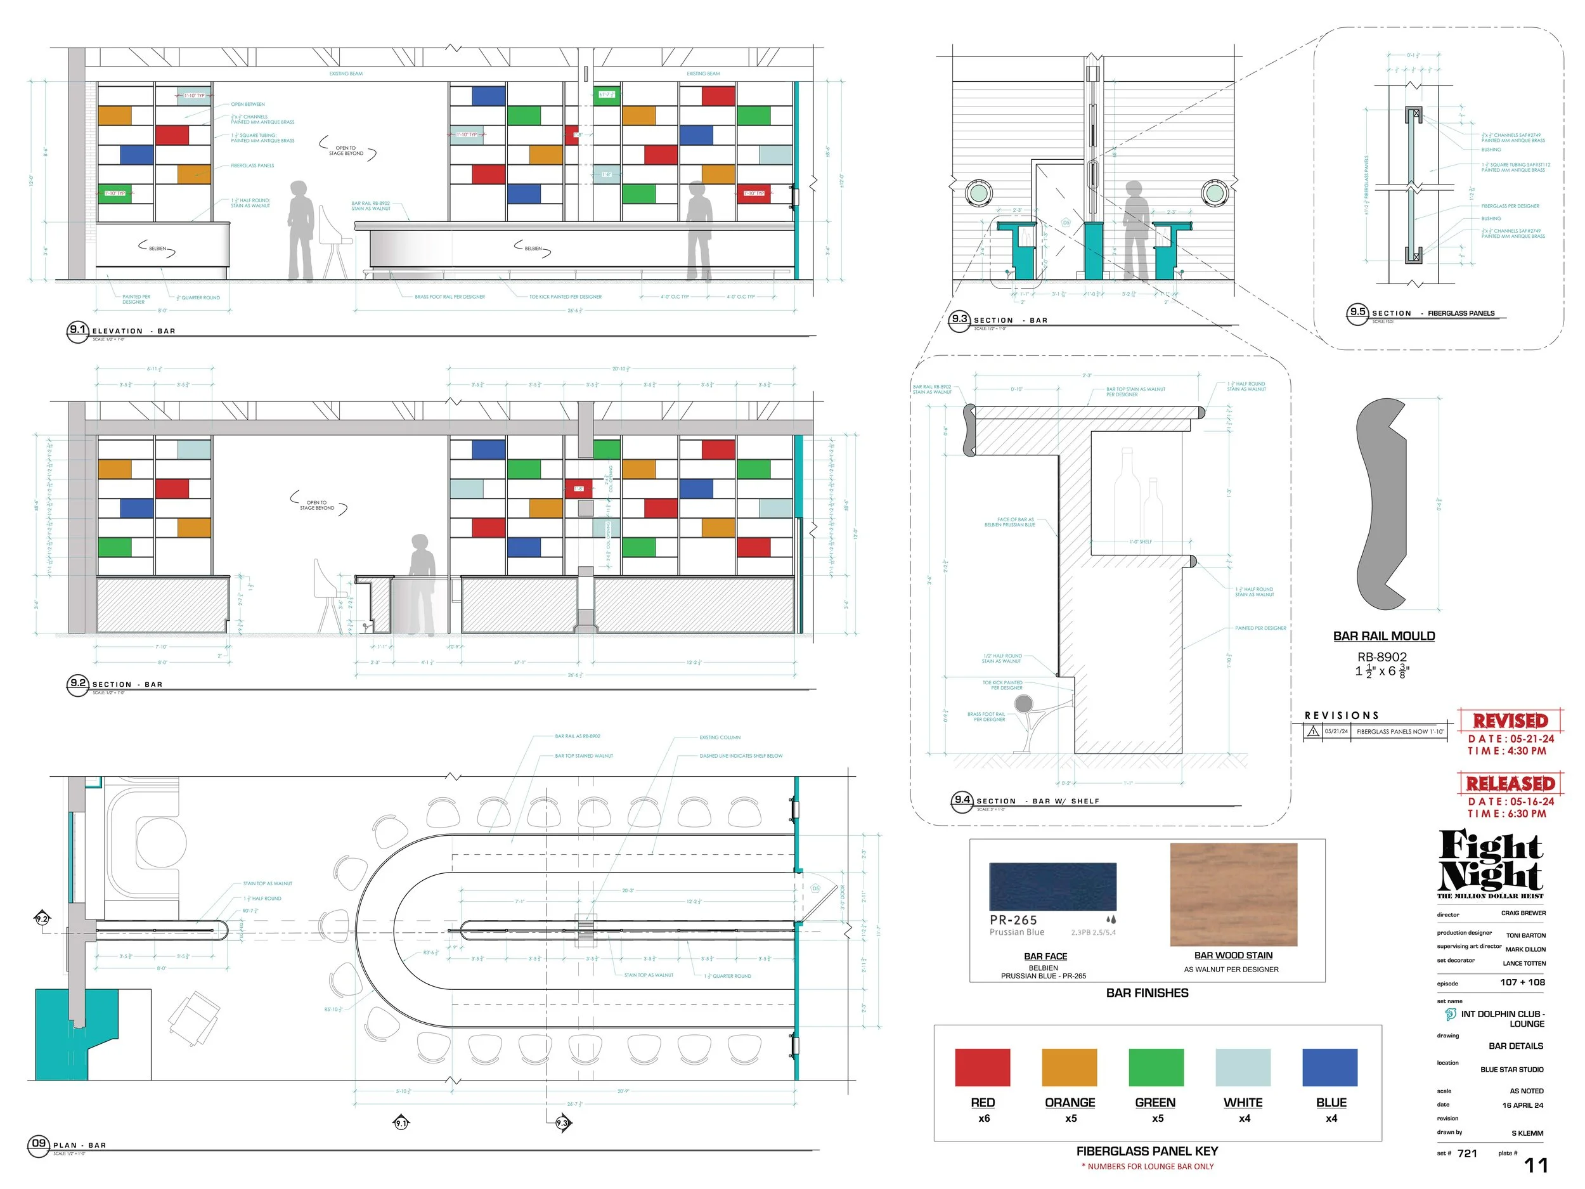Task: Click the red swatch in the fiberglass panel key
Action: (x=983, y=1067)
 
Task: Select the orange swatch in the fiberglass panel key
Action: (x=1069, y=1067)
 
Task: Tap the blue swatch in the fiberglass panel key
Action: (x=1330, y=1067)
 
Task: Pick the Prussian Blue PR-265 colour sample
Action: (x=1052, y=887)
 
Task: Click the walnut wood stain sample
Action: (x=1233, y=893)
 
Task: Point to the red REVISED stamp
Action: (x=1510, y=720)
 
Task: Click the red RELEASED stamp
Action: (x=1510, y=783)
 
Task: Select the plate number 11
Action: (x=1536, y=1166)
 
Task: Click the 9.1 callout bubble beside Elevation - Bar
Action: (x=77, y=330)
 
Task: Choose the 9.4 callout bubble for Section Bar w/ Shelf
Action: (x=962, y=800)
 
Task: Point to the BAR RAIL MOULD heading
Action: (x=1383, y=635)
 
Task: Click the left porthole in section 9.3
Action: (x=978, y=192)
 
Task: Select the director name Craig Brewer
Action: (x=1524, y=913)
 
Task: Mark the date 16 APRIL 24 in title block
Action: (x=1523, y=1105)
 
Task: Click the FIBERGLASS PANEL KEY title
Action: (x=1146, y=1151)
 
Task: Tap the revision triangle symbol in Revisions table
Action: (x=1313, y=731)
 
